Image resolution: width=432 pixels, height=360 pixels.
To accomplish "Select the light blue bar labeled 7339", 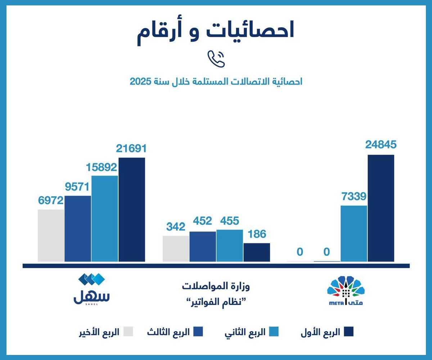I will click(354, 234).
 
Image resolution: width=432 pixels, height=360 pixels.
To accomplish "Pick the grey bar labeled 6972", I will click(51, 235).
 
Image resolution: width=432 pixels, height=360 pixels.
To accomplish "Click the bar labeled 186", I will click(257, 252).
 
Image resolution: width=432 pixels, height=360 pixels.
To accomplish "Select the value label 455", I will click(230, 221).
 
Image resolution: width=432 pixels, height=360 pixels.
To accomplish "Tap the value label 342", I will click(176, 227).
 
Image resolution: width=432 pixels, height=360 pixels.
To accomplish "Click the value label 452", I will click(202, 221).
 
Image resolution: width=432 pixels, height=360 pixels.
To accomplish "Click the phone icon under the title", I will click(216, 59).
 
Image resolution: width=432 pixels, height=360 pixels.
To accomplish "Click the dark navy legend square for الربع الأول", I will click(348, 332).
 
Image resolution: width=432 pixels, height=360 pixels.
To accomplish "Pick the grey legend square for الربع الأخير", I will click(128, 332).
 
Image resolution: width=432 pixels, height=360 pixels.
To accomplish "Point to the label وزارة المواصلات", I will click(216, 287).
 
